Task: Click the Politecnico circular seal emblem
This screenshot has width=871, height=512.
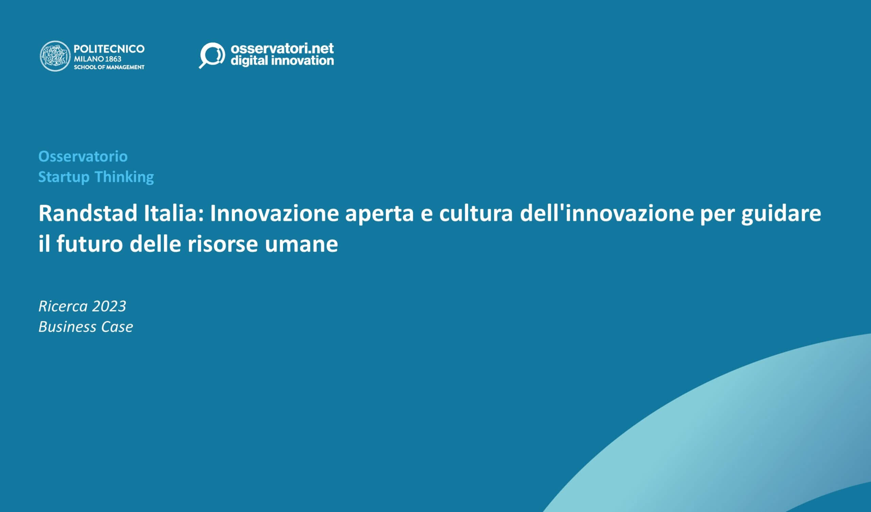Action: [55, 56]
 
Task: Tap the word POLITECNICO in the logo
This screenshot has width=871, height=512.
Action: [109, 49]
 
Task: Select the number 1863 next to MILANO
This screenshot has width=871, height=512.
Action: [113, 59]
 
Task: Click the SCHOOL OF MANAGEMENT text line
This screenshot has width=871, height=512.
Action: [109, 67]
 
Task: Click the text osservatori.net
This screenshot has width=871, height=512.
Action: [282, 48]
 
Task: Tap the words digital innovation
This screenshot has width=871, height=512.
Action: [282, 61]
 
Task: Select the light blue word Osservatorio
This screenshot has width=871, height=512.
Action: [83, 156]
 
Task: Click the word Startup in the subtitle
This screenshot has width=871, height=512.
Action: [64, 177]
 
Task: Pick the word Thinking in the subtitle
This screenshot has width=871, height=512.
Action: [125, 177]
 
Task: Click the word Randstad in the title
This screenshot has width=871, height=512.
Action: [88, 213]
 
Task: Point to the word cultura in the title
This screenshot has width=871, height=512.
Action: [476, 213]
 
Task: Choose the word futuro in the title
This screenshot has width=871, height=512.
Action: [90, 244]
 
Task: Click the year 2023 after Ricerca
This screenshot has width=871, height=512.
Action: [109, 306]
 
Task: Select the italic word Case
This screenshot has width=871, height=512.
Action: [117, 327]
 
